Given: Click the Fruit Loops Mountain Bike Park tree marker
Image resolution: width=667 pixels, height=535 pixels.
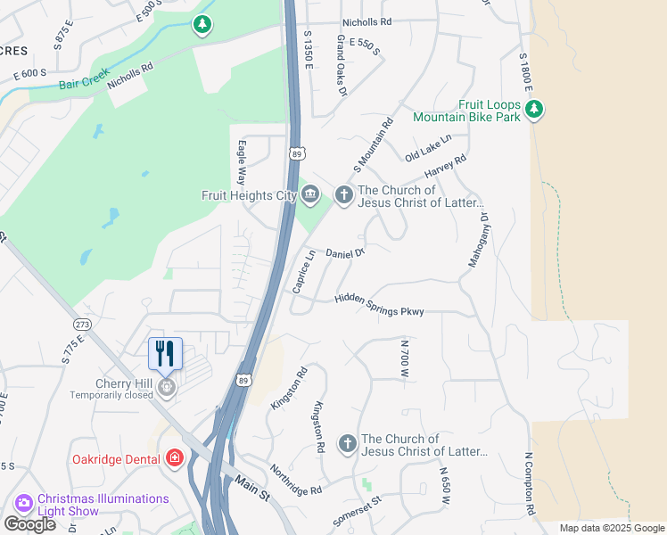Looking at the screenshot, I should [534, 110].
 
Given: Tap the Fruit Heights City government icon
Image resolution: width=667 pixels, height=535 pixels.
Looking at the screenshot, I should [310, 194].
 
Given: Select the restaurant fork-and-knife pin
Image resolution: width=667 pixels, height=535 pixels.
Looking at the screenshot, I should [165, 353].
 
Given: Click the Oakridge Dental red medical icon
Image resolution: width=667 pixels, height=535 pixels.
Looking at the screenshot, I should [175, 459].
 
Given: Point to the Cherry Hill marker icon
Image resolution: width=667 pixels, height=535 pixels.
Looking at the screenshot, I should [166, 387].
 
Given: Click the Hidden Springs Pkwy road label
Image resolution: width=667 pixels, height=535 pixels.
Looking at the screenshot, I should [379, 305].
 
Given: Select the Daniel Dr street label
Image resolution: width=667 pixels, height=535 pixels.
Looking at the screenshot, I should [345, 254].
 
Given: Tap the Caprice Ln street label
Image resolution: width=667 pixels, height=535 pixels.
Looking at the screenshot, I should [304, 271].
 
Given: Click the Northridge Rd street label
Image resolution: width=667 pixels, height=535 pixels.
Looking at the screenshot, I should [296, 480].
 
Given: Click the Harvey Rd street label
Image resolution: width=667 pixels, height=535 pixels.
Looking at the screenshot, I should [446, 167].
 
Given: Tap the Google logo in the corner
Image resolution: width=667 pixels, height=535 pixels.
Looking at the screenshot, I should [29, 523].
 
